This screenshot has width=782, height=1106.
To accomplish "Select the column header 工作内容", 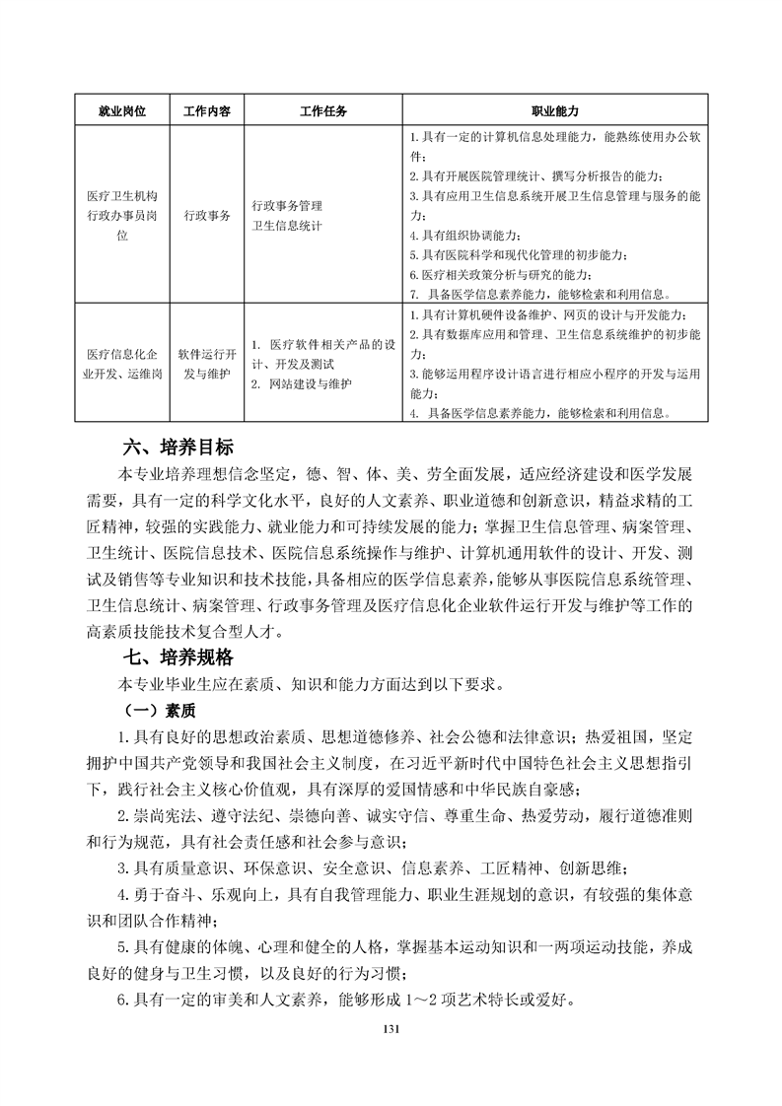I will pyautogui.click(x=206, y=111).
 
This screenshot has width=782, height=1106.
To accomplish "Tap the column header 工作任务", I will pyautogui.click(x=322, y=111).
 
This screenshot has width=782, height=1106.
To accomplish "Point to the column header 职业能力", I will pyautogui.click(x=555, y=111).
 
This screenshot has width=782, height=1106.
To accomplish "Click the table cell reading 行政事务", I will pyautogui.click(x=206, y=215).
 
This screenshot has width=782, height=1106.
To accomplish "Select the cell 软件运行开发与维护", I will pyautogui.click(x=206, y=363).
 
